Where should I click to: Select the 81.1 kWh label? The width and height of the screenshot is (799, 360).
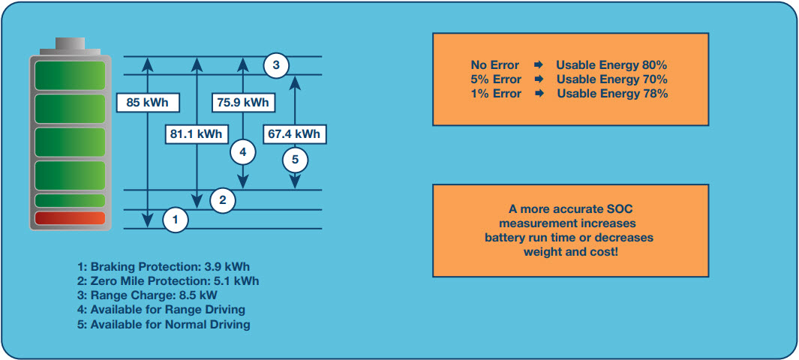(195, 134)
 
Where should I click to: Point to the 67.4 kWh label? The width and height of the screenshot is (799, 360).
(295, 134)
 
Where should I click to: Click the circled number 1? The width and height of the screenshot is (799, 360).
(175, 220)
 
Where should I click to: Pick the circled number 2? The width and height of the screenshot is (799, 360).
(223, 199)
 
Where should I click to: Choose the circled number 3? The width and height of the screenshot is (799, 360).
(276, 65)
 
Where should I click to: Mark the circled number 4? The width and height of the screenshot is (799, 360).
(242, 152)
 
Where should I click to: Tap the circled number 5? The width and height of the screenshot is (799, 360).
(295, 158)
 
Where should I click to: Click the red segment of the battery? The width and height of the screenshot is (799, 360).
(69, 219)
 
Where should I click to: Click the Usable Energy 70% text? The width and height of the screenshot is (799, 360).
(611, 79)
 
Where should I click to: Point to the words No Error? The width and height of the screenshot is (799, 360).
(494, 65)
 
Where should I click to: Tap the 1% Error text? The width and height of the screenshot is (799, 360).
(496, 94)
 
